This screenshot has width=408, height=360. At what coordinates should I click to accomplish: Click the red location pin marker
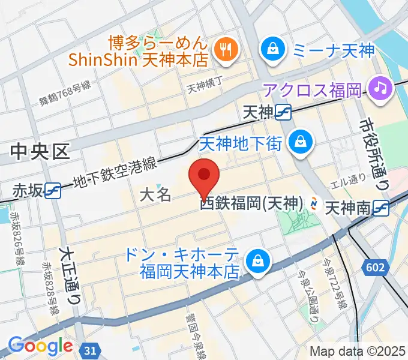(203, 176)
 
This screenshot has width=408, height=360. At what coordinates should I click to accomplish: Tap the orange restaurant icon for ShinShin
(226, 51)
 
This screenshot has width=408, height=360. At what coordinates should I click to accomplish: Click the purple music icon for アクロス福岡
(380, 90)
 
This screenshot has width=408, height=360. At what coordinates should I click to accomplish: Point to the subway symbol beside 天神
(284, 112)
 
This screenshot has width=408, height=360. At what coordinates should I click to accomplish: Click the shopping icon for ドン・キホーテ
(259, 262)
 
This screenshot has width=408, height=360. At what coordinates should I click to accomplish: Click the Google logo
(40, 346)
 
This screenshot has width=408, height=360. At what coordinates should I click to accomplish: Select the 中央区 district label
(41, 152)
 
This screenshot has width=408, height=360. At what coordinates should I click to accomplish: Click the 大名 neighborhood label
(155, 194)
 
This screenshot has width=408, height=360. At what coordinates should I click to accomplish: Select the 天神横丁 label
(205, 87)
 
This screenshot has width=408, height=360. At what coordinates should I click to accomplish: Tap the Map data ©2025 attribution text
(357, 351)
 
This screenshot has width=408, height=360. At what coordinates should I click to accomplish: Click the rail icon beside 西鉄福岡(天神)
(314, 205)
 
